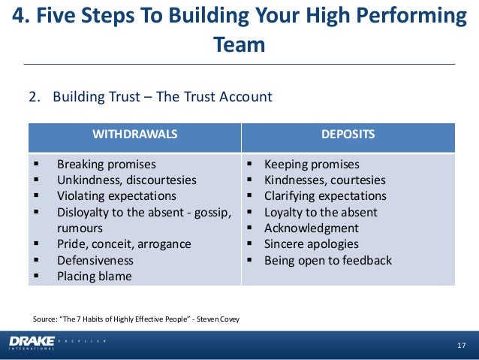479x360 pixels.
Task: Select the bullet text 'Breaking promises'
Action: [x=107, y=164]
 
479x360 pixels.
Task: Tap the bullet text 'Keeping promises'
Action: [x=312, y=164]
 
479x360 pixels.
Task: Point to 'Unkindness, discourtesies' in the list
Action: [x=127, y=180]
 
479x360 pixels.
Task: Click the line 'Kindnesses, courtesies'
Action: [x=324, y=180]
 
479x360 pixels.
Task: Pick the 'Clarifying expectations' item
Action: [x=325, y=196]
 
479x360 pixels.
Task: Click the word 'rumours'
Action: [x=80, y=228]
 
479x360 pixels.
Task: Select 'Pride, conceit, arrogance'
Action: [x=124, y=244]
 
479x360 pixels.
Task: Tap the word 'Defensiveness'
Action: [x=95, y=260]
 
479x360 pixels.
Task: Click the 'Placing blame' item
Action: [x=94, y=276]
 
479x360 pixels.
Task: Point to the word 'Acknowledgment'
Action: [x=312, y=228]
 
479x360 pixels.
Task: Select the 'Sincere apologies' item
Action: [x=312, y=244]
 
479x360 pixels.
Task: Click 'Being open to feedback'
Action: [x=328, y=260]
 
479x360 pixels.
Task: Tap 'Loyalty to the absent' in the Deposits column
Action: [x=321, y=212]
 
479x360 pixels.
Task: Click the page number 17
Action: [x=462, y=345]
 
